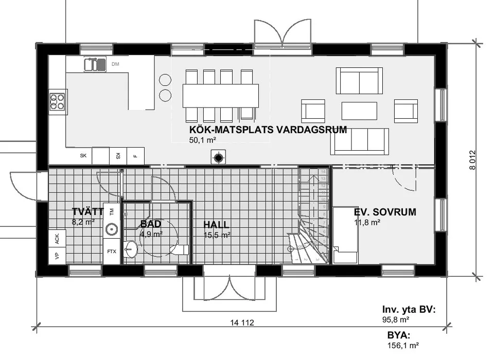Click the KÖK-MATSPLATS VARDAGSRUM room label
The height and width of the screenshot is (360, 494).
[x=268, y=130]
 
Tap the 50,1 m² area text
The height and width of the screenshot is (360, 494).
[x=202, y=140]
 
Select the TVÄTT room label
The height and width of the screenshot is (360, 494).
[x=87, y=212]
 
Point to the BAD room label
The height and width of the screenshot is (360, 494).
[x=151, y=224]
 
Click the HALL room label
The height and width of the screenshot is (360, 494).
[x=216, y=225]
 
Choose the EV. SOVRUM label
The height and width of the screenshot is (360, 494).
[x=385, y=212]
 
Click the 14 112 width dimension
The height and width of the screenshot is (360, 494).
[x=242, y=323]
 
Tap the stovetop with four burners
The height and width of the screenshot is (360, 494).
[x=57, y=102]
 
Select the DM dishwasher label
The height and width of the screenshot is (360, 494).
[x=115, y=64]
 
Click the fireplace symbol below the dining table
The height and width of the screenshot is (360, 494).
[x=219, y=158]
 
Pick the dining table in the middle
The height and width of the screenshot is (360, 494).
[x=220, y=95]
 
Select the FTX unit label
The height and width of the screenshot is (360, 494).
[x=111, y=251]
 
